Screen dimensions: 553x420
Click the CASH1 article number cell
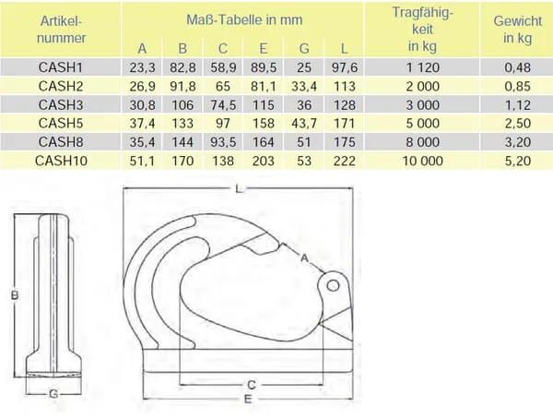pos(60,67)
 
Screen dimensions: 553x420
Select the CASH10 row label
pos(61,161)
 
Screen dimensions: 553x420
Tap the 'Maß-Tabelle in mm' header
pos(244,19)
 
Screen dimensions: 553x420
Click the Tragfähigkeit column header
pos(422,30)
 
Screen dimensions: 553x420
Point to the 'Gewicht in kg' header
pos(517,30)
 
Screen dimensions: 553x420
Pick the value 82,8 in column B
pos(182,67)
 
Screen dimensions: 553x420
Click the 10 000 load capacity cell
pos(422,161)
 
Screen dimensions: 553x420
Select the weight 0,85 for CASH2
pos(517,86)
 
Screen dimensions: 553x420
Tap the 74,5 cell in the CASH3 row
pos(223,105)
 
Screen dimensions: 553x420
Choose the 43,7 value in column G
pos(304,124)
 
